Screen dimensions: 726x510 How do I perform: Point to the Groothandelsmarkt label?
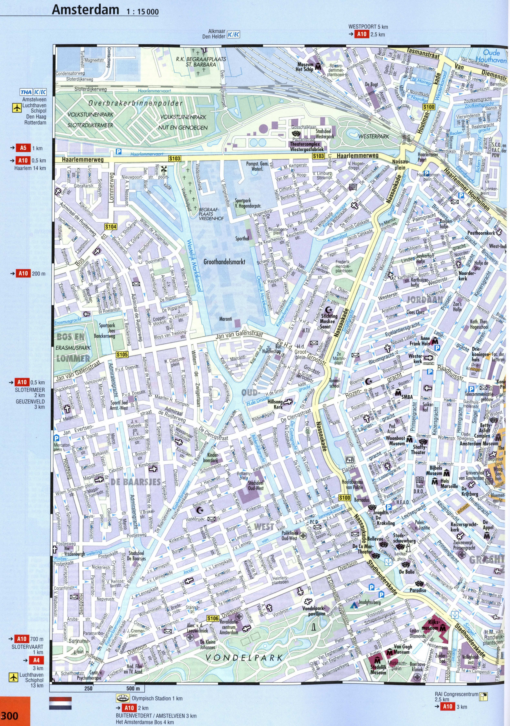(x=224, y=262)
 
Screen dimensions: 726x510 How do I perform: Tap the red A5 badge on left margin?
(x=23, y=148)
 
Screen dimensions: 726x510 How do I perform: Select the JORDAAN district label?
(x=424, y=300)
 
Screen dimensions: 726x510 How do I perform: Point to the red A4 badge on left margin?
(x=37, y=651)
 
